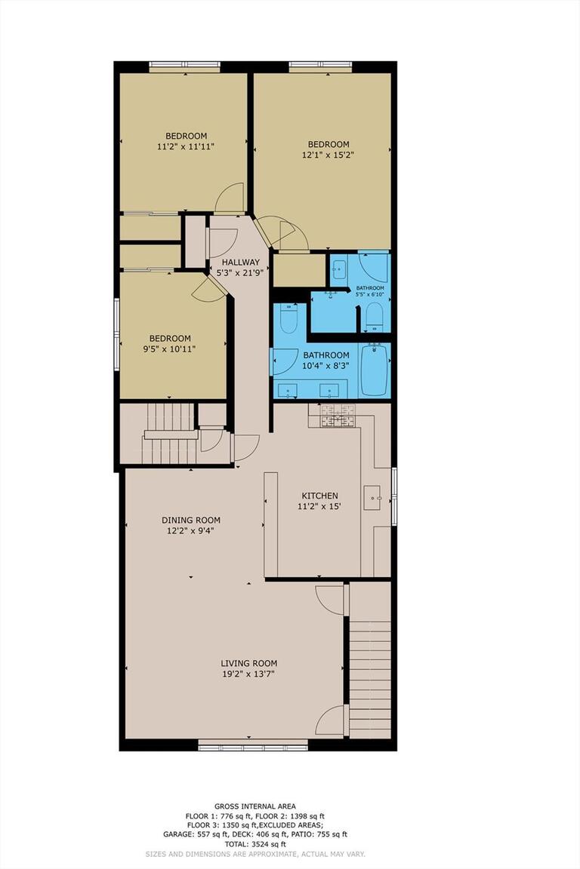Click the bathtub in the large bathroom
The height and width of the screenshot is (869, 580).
pos(374,370)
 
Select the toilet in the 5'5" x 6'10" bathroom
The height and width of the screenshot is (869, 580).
pos(375,317)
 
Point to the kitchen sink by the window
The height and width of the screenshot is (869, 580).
pos(373,498)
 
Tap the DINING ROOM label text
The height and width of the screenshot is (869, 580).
pos(191,520)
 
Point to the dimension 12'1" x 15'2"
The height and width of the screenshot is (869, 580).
pos(329,155)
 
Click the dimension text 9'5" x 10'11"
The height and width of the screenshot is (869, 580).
pos(170,349)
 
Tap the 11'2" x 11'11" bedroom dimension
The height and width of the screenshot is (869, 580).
pos(181,147)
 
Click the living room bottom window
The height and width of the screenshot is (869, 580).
pos(253,745)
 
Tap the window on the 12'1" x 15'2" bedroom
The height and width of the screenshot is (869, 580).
pos(321,66)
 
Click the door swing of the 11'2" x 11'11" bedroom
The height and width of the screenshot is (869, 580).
pos(230,198)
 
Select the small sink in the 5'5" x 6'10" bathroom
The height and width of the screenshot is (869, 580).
pos(339,268)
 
